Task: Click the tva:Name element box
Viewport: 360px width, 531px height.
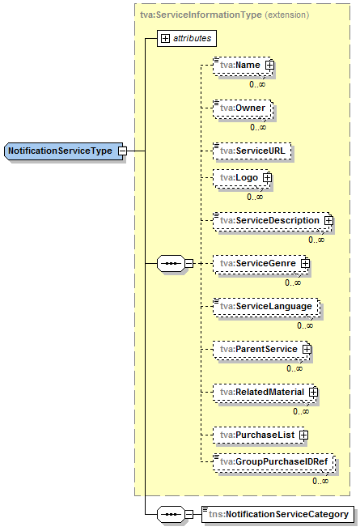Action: tap(239, 65)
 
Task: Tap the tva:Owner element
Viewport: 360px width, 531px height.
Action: tap(243, 107)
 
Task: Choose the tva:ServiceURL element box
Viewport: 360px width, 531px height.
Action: tap(252, 150)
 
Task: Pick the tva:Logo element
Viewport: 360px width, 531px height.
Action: tap(237, 177)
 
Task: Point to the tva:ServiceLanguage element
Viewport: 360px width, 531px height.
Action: tap(265, 306)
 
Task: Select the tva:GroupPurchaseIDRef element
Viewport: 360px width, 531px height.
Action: tap(273, 461)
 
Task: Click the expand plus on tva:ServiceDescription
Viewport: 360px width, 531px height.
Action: tap(328, 220)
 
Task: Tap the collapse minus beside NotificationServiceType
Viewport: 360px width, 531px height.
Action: tap(122, 151)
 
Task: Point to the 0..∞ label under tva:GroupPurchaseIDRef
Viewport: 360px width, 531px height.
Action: tap(320, 481)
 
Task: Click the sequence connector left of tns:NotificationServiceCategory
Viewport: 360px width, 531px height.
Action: tap(171, 514)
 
